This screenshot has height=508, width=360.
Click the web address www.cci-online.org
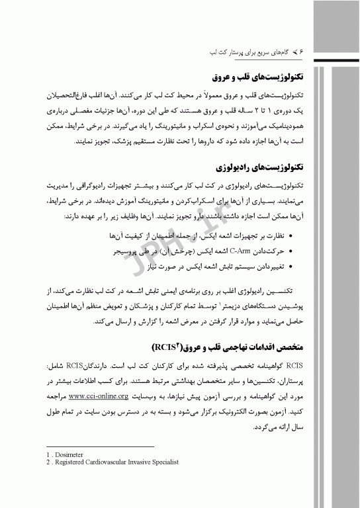(x=98, y=396)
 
